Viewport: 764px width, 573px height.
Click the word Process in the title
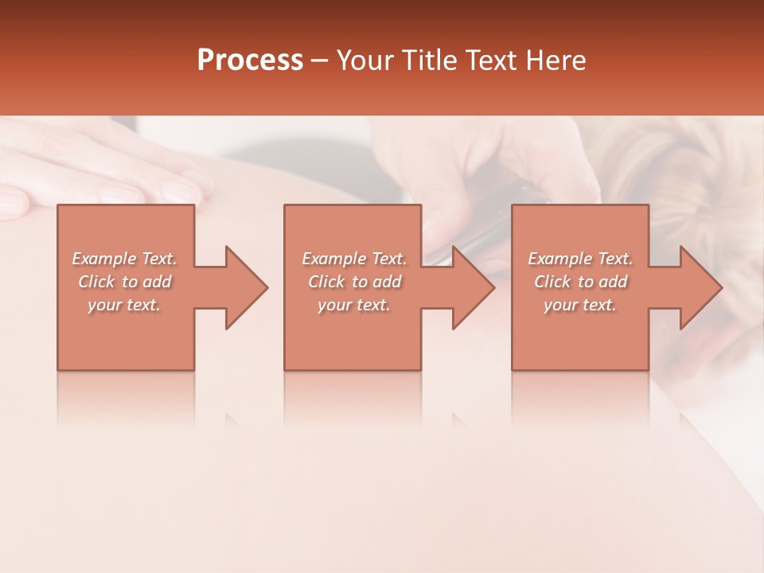click(250, 60)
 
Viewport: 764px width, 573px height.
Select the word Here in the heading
click(556, 60)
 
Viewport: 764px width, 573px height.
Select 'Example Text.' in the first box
click(124, 259)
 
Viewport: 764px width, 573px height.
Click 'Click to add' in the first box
click(124, 282)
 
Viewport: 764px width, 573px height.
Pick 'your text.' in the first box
click(124, 305)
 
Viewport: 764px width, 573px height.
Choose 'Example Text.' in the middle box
click(353, 259)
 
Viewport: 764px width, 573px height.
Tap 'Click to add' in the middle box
click(353, 282)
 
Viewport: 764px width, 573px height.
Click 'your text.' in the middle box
click(353, 305)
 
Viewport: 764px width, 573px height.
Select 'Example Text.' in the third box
click(580, 259)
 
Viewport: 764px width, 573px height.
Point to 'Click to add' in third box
click(580, 282)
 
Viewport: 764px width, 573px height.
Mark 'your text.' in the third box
click(580, 305)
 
